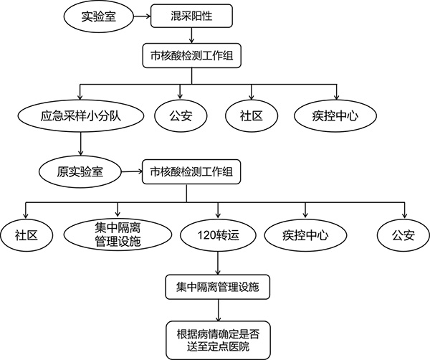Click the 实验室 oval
(x=98, y=15)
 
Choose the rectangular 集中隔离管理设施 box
(x=216, y=288)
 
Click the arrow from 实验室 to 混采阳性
(x=140, y=15)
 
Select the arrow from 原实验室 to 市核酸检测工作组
(x=129, y=172)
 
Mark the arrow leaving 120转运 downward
(x=216, y=262)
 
